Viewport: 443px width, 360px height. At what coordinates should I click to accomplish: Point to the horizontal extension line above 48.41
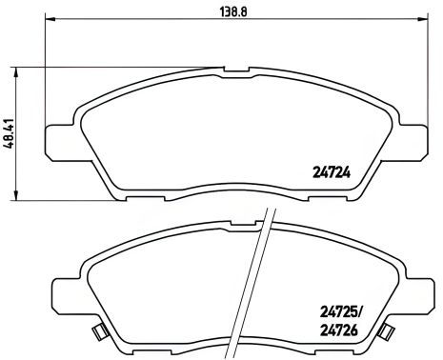click(114, 67)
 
